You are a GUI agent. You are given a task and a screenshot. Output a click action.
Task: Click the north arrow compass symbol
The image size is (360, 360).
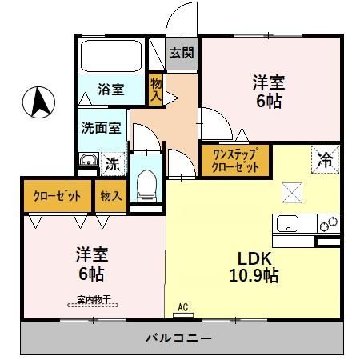click(38, 102)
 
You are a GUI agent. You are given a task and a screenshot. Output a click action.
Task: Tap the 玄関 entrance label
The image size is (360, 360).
click(182, 53)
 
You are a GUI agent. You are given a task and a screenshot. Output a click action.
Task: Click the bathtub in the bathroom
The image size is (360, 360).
click(111, 56)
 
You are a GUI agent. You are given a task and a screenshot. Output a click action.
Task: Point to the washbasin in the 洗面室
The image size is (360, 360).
click(89, 160)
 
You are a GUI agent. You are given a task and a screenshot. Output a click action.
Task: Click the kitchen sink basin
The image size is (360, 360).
click(287, 223)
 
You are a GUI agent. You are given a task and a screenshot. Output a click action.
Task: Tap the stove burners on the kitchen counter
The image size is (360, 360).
click(329, 224)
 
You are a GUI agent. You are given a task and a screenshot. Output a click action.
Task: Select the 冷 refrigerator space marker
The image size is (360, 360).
click(326, 160)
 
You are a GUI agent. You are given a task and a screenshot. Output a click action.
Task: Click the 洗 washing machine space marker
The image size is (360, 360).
click(113, 164)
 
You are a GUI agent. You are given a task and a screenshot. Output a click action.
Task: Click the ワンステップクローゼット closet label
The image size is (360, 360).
click(235, 160)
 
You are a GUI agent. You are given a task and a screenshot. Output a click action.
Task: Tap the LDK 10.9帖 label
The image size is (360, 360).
click(254, 266)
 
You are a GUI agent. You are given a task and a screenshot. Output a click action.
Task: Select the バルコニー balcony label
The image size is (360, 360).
click(178, 338)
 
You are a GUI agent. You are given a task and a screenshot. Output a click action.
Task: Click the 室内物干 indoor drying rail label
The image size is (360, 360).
click(94, 299)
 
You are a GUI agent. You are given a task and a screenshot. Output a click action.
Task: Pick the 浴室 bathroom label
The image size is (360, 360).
click(111, 90)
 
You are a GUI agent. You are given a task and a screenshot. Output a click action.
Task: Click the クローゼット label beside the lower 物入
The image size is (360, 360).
click(57, 196)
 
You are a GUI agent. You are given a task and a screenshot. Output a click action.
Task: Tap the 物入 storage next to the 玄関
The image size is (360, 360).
click(156, 90)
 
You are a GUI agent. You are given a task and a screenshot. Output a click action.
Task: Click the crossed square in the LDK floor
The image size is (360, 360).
click(292, 193)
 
